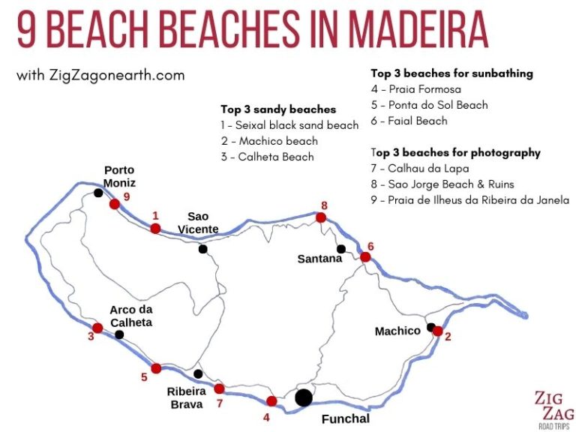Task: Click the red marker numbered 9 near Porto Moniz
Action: click(x=114, y=204)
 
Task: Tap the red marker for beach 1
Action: click(x=155, y=229)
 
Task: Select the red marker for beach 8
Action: click(x=321, y=217)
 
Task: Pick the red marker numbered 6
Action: click(x=365, y=257)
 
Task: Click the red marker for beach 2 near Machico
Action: click(x=437, y=331)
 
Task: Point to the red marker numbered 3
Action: click(x=97, y=328)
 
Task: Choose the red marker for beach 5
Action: click(x=156, y=368)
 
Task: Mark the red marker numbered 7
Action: click(x=219, y=388)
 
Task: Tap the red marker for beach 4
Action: click(x=271, y=401)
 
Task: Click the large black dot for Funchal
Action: click(x=303, y=397)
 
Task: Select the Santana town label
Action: click(x=319, y=259)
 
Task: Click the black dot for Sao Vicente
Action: click(x=202, y=249)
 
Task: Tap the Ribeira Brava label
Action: click(x=185, y=397)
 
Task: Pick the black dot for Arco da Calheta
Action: click(x=119, y=334)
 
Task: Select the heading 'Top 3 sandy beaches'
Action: click(x=277, y=109)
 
